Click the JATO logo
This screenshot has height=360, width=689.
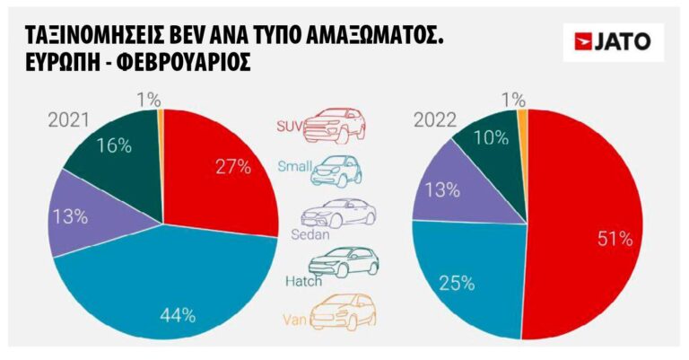click(x=613, y=41)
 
